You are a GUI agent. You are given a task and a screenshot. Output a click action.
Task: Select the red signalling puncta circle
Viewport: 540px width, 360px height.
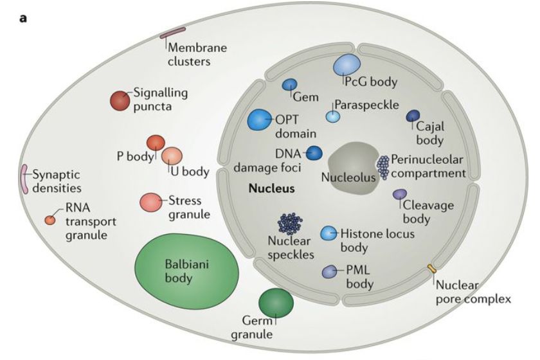[120, 101]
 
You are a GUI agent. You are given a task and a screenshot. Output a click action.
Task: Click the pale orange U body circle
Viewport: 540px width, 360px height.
[172, 156]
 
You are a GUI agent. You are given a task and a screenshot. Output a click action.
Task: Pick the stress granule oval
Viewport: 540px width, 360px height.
[152, 202]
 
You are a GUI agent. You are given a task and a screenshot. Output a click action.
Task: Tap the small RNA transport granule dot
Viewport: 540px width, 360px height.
[50, 220]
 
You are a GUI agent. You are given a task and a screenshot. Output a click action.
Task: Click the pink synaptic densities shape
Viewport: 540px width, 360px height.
[24, 179]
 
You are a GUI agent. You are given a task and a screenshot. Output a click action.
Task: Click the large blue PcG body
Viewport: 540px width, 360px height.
[346, 65]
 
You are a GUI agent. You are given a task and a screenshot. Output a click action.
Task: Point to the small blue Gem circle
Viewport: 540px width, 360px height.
[290, 85]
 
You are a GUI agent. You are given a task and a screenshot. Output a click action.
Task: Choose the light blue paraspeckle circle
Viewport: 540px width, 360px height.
[332, 116]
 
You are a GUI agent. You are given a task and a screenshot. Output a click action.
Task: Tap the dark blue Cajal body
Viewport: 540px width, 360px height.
[413, 116]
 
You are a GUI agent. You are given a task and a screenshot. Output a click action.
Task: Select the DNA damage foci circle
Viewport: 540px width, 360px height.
[314, 152]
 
